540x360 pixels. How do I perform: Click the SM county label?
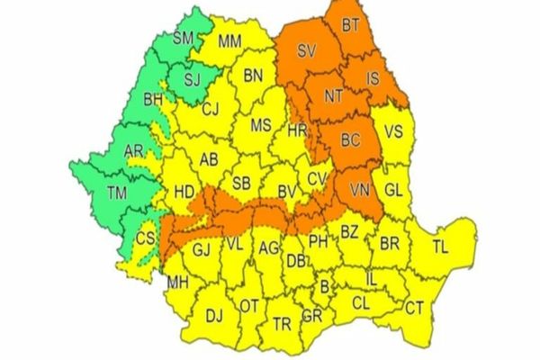point(184,38)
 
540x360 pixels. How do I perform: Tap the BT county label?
point(351,25)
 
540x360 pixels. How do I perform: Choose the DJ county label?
point(214,315)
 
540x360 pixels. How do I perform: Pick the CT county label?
point(415,308)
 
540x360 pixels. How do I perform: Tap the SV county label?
point(306,49)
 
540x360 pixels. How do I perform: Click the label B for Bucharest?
point(325,287)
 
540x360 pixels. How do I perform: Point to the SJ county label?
point(192,79)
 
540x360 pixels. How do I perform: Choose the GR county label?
point(312,317)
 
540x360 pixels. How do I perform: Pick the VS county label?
point(393,130)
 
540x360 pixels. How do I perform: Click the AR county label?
point(134,149)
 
